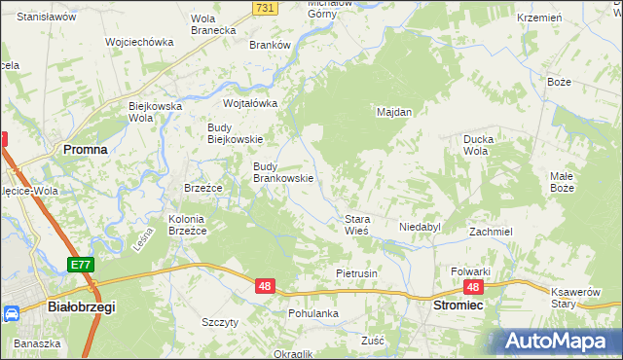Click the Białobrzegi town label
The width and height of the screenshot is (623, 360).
click(x=81, y=306)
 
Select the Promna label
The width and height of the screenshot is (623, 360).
click(x=85, y=149)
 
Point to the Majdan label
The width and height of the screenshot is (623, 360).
click(x=394, y=112)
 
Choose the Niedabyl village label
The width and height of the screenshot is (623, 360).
click(x=420, y=227)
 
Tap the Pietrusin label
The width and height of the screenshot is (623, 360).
click(x=356, y=273)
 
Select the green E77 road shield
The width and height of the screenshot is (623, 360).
click(x=81, y=264)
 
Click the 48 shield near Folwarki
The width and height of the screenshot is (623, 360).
click(x=473, y=287)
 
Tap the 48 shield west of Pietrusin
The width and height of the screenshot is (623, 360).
click(x=265, y=286)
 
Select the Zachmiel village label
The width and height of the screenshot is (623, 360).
click(x=491, y=233)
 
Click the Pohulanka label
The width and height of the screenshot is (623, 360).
click(x=313, y=313)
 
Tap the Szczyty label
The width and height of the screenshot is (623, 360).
click(x=219, y=322)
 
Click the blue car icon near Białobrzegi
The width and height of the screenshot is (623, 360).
click(x=12, y=314)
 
